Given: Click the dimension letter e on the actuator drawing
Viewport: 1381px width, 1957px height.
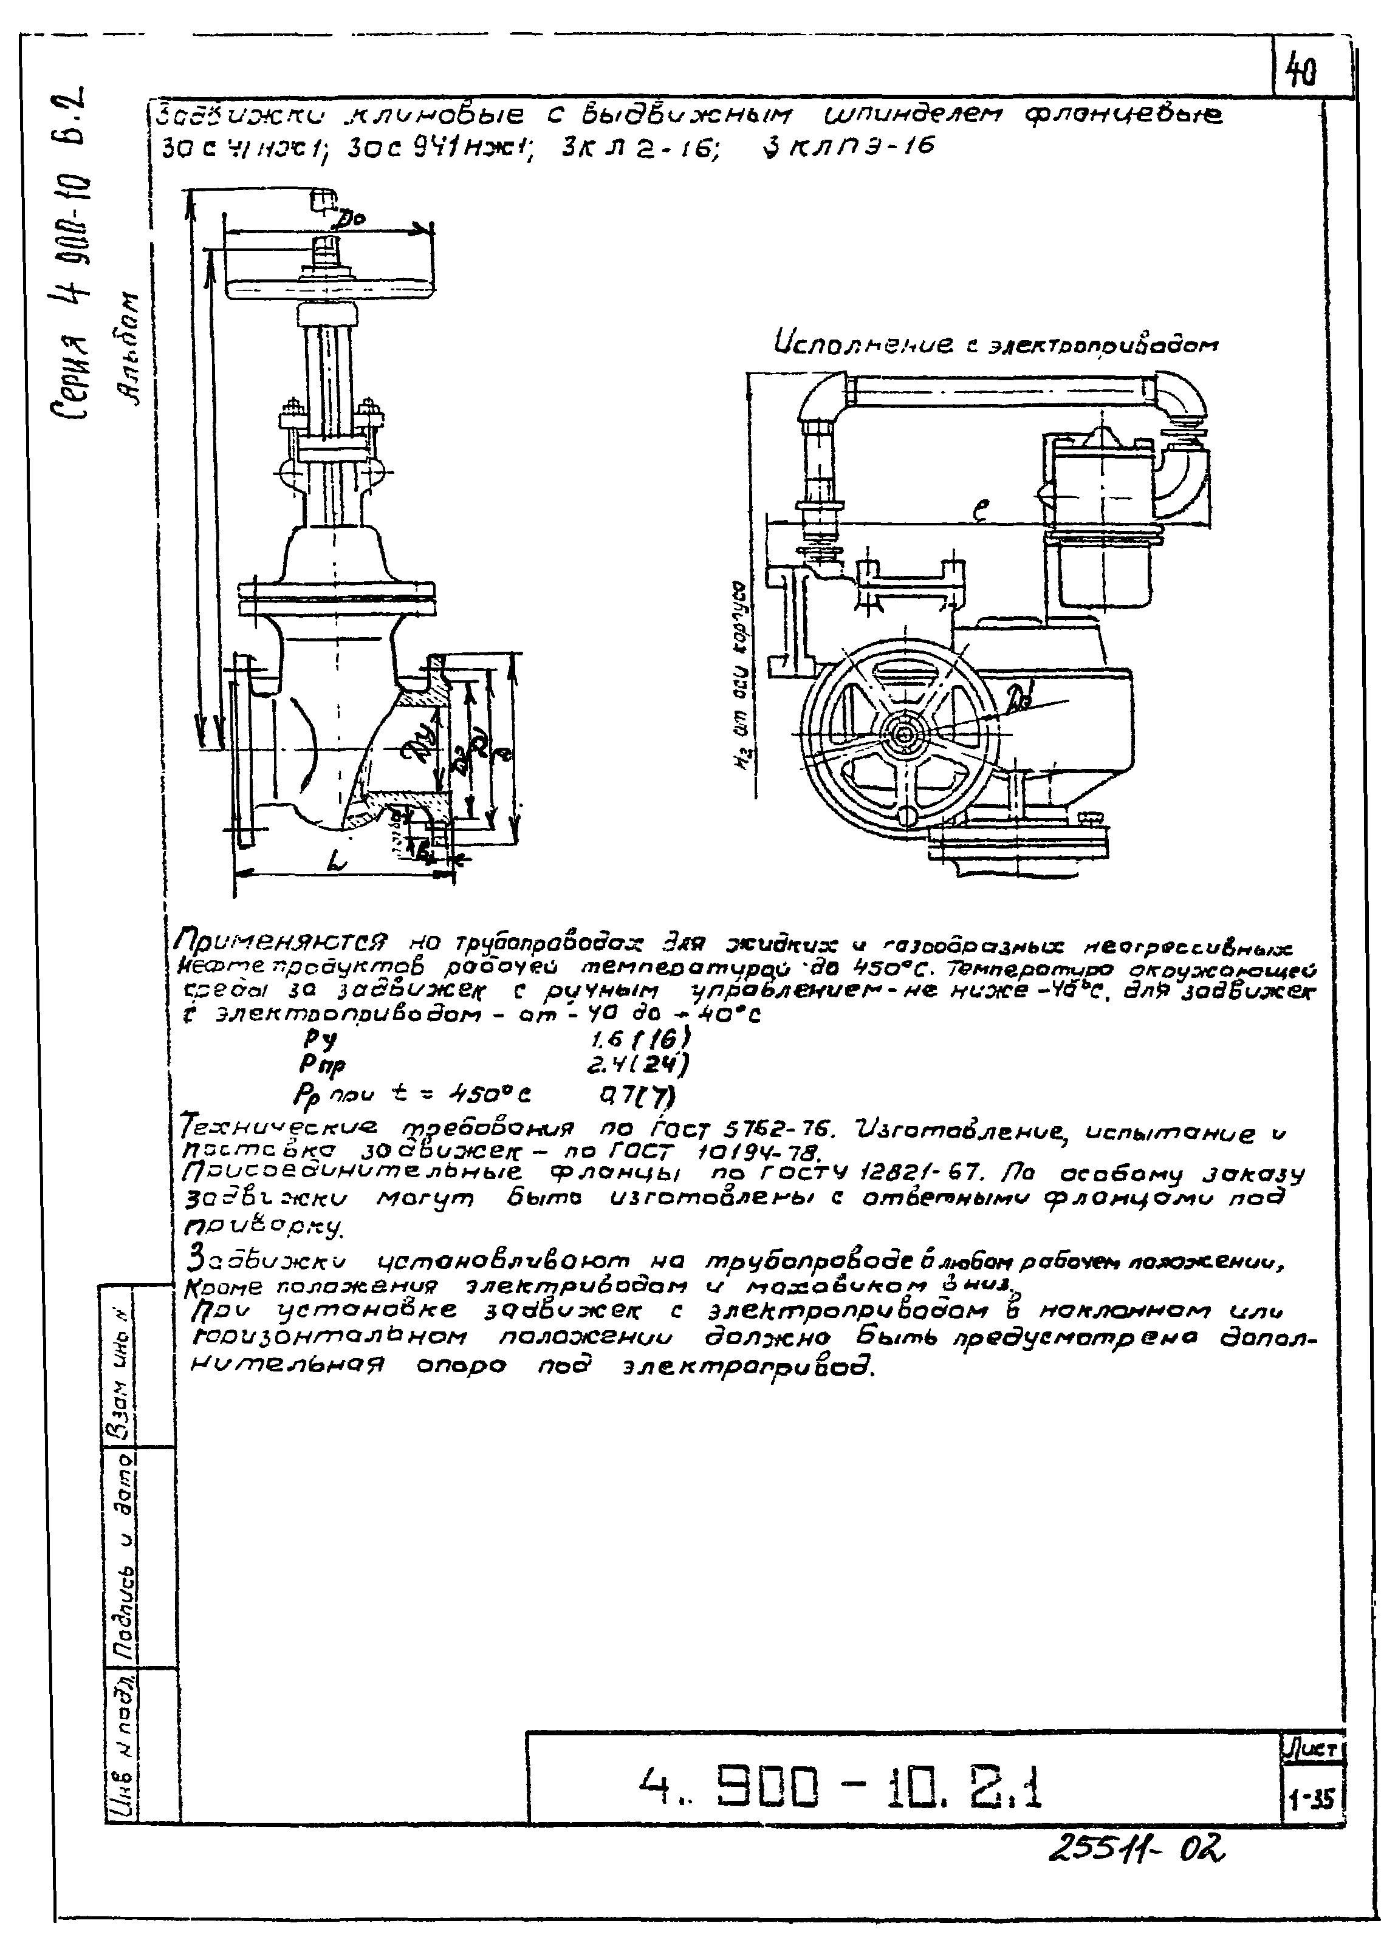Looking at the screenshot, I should [981, 511].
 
